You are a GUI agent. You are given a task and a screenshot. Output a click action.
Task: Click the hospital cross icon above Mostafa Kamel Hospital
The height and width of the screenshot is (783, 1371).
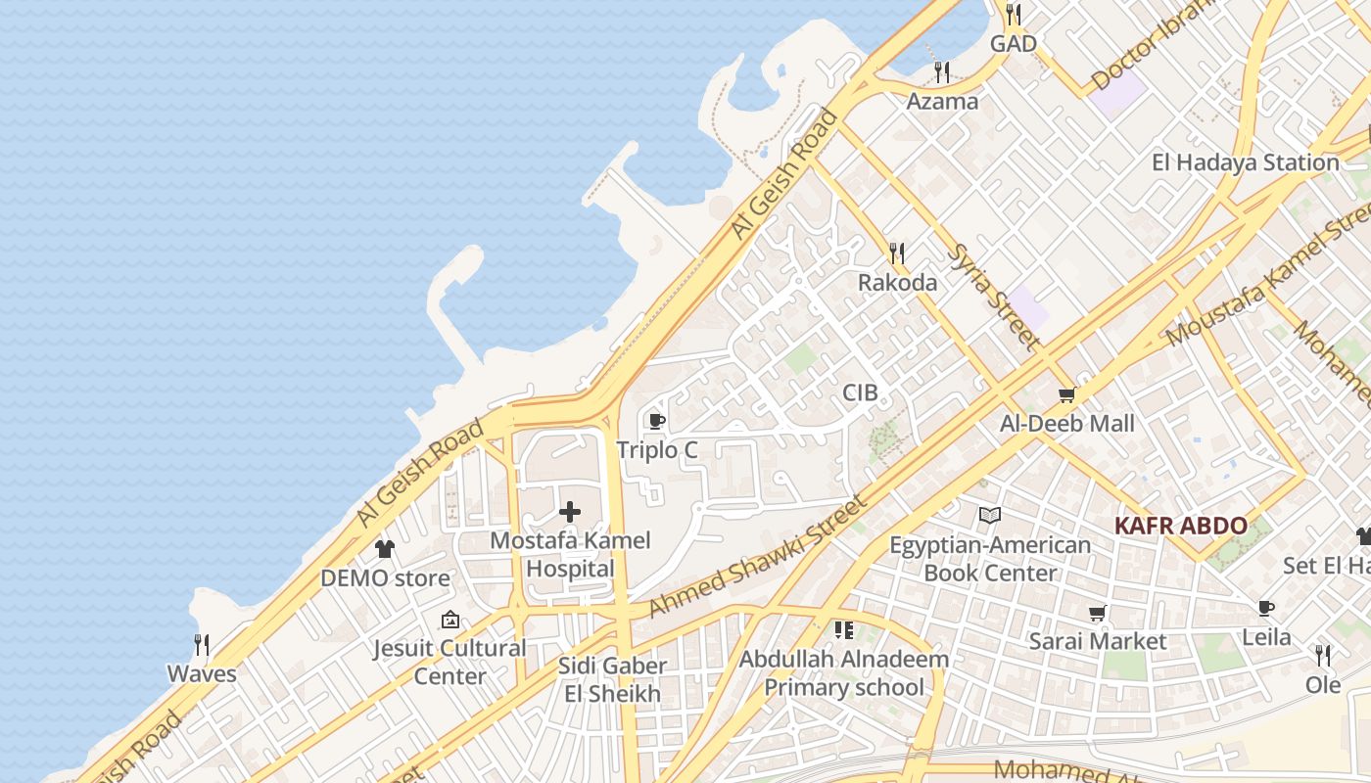(570, 512)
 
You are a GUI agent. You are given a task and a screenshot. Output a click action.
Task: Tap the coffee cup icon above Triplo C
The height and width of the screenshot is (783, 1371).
(656, 422)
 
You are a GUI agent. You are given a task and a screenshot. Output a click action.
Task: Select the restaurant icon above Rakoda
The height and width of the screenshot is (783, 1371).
(897, 254)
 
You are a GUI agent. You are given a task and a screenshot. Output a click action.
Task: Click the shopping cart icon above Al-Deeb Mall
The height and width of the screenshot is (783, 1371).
(1066, 395)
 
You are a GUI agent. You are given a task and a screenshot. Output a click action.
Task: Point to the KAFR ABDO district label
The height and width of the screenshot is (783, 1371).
(1180, 526)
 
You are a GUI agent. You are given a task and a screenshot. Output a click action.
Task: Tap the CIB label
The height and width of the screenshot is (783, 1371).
(860, 393)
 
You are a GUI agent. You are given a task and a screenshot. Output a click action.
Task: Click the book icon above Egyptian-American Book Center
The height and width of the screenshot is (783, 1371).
(990, 516)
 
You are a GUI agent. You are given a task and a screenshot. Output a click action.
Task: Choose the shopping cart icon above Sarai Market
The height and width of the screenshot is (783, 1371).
(1098, 614)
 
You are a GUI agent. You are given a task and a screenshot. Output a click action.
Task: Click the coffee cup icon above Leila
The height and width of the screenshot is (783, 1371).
(1266, 609)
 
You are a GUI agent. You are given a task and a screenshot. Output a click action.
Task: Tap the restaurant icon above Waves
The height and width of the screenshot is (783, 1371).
(202, 645)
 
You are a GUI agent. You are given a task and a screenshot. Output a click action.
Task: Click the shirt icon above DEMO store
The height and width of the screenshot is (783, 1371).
(385, 549)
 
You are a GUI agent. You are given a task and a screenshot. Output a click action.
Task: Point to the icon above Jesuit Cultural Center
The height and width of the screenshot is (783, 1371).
(449, 620)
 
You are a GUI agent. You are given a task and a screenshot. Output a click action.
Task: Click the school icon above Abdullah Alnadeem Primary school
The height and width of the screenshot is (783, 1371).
(843, 630)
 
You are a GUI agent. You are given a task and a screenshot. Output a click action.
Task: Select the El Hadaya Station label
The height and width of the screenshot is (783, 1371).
(1245, 162)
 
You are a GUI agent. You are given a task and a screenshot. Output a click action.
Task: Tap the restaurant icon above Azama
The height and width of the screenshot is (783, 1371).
(941, 72)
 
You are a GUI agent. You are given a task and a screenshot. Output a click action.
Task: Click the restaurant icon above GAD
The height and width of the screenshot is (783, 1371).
(1014, 15)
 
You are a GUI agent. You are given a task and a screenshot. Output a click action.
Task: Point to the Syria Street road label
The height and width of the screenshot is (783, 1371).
(994, 297)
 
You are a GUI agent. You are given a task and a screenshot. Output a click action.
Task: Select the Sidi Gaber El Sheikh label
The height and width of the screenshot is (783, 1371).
(613, 680)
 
